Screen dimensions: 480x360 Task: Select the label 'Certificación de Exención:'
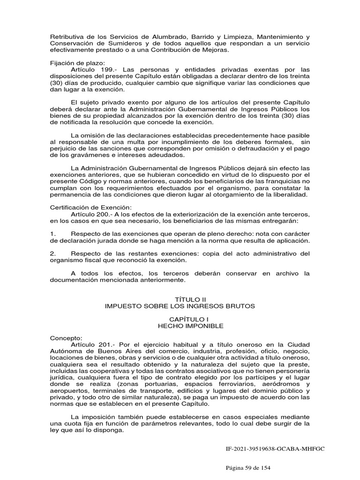coord(91,207)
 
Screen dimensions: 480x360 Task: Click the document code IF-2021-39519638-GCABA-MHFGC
coord(275,449)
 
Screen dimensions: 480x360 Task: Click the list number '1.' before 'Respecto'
coord(53,233)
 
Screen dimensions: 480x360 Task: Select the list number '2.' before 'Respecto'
coord(53,254)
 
